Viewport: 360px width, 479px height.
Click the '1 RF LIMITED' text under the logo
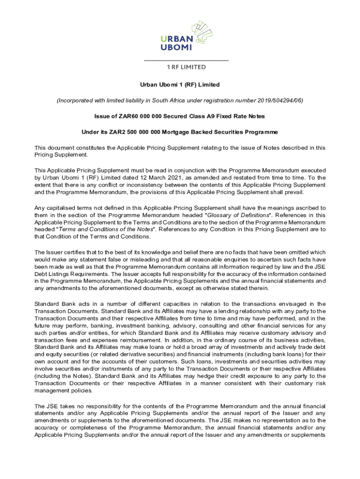[x=186, y=67]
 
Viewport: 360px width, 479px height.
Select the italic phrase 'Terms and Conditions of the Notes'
[x=101, y=229]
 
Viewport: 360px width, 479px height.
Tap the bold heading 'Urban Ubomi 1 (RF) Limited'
[x=180, y=85]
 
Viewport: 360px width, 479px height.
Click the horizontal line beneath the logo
[x=186, y=61]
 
